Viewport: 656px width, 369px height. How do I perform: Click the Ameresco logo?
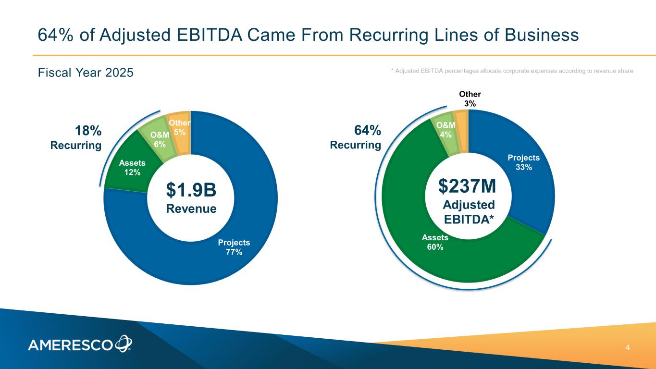(80, 344)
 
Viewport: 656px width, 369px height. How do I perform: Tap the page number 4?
(628, 347)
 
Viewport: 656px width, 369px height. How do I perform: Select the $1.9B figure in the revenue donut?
(191, 190)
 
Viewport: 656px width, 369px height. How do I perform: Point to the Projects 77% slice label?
(234, 247)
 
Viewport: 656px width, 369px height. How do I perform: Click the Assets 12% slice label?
(132, 168)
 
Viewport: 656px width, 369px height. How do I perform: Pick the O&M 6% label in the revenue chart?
(160, 139)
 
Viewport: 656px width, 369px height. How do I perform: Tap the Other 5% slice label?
(180, 127)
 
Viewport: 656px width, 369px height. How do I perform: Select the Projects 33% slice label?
(524, 162)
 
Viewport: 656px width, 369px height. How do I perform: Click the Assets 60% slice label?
(435, 242)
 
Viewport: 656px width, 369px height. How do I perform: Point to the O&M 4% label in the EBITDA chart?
(446, 130)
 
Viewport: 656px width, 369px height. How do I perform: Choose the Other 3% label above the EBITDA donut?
(470, 98)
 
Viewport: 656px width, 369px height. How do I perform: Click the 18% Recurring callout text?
(76, 138)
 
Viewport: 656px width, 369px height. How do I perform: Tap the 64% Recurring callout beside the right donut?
(356, 137)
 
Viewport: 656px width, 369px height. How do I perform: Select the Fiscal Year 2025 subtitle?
(86, 73)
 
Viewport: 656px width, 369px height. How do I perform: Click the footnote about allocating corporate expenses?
(512, 71)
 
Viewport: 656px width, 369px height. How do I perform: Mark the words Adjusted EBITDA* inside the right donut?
(468, 211)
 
